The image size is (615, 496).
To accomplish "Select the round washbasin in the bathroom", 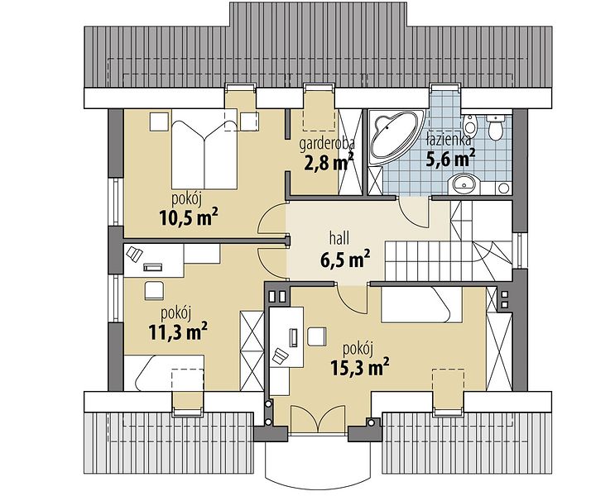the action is (464, 184).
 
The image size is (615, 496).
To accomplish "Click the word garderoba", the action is (327, 144).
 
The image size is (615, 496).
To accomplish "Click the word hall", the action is (339, 238).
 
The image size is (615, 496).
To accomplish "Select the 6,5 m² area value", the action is (345, 259).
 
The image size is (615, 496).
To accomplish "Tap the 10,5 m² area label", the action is (188, 217).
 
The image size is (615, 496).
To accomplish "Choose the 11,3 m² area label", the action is (178, 332).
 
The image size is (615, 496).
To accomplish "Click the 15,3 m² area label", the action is (360, 367).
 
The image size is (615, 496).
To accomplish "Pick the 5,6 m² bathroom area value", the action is (450, 159).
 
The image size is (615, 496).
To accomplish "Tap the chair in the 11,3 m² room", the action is (154, 290).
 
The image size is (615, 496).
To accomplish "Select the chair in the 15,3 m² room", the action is (317, 336).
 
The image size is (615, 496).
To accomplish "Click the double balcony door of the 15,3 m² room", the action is (320, 420).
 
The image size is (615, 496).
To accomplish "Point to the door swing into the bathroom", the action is (412, 212).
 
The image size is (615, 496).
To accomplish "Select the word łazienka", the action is (449, 141).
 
